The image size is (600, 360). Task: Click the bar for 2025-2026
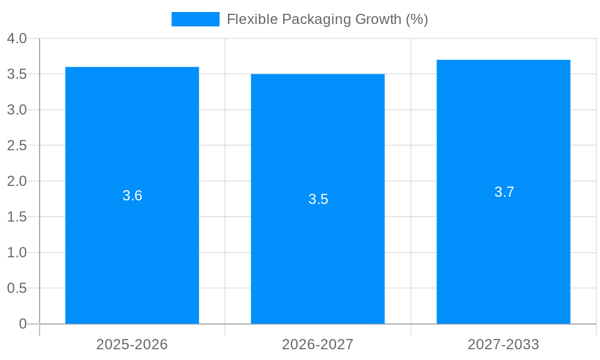(132, 252)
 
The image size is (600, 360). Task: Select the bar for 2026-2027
(317, 258)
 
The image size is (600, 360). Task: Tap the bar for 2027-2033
(503, 252)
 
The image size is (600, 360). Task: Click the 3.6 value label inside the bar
(132, 196)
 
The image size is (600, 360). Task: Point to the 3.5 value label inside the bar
(318, 199)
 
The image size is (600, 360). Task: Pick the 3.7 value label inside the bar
(504, 192)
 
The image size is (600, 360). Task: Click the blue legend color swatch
(196, 19)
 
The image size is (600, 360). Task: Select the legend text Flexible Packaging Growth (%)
(327, 19)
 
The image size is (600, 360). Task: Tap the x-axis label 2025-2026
(132, 344)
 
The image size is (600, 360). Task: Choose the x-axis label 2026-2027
(317, 344)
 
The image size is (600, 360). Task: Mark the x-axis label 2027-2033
(503, 344)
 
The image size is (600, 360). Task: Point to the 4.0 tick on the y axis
(17, 39)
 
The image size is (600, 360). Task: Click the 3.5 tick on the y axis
(17, 74)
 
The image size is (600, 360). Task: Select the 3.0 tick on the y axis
(17, 110)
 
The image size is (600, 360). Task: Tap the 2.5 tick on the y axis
(17, 146)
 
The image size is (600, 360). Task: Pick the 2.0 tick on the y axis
(17, 181)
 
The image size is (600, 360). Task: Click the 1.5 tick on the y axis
(17, 217)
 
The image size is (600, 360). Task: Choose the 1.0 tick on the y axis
(17, 253)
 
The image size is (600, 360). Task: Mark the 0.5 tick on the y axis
(17, 289)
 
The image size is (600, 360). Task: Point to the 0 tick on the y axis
(23, 324)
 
